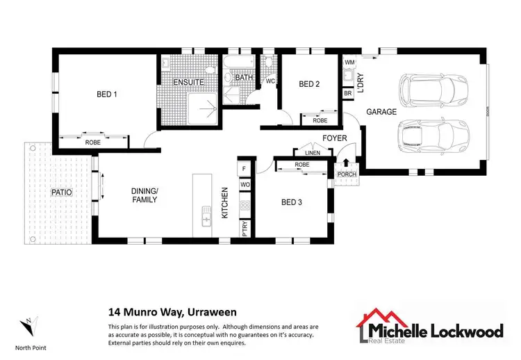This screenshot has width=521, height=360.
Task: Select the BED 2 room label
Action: [x=309, y=84]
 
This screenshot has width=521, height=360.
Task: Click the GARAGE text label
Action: [x=381, y=111]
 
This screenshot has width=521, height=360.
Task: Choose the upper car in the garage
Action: [x=427, y=88]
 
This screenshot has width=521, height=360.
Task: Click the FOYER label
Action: [x=334, y=138]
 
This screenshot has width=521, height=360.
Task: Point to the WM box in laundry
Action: [x=349, y=63]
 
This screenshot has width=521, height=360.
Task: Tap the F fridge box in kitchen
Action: [x=245, y=169]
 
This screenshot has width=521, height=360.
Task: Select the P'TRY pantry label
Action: [x=245, y=231]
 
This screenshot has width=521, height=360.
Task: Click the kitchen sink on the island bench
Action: [x=206, y=216]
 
